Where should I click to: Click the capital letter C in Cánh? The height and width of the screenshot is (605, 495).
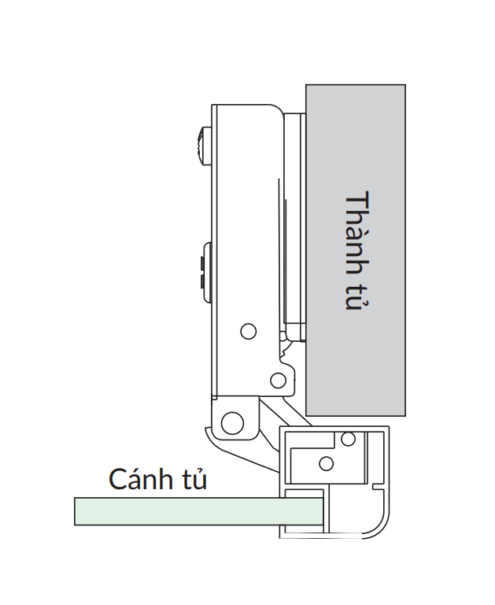tap(117, 480)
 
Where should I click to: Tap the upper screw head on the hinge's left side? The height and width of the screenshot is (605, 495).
tap(201, 146)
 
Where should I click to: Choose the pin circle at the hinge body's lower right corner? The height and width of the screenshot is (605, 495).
tap(278, 381)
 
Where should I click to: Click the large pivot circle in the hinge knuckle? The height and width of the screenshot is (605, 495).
tap(232, 422)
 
